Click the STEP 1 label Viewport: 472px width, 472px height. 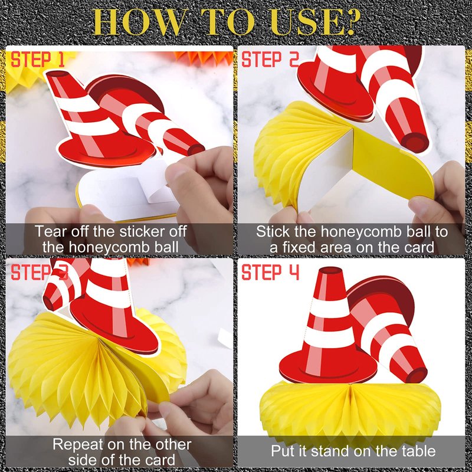[38, 60]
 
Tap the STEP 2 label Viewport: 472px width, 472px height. [270, 60]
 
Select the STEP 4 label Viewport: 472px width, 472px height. [270, 273]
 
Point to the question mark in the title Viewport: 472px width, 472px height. [350, 22]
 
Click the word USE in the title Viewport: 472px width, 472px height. [304, 22]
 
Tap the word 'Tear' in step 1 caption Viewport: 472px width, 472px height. [50, 231]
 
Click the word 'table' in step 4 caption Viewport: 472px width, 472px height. [419, 451]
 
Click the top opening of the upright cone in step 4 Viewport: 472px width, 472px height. [330, 270]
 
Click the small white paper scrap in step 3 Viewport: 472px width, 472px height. [225, 337]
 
